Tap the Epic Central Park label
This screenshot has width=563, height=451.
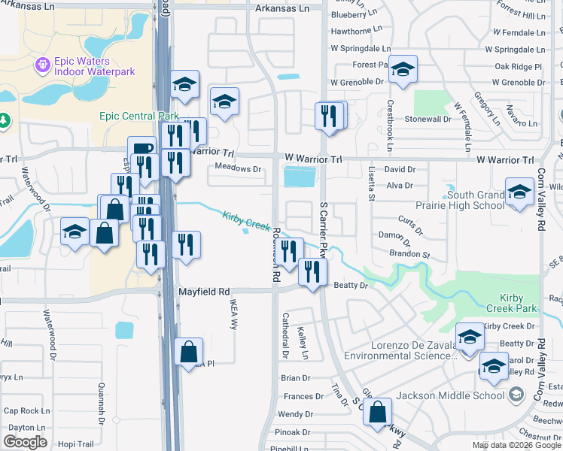138,116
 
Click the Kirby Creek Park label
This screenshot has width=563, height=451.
511,303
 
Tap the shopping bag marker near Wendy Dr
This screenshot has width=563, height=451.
378,413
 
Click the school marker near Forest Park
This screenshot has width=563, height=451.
403,70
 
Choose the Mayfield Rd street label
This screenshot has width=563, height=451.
202,291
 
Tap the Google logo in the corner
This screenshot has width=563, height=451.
26,442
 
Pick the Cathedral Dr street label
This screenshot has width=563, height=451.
285,334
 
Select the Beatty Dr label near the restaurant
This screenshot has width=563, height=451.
351,286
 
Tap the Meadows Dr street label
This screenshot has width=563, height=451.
238,169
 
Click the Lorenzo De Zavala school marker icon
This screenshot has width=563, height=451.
470,336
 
